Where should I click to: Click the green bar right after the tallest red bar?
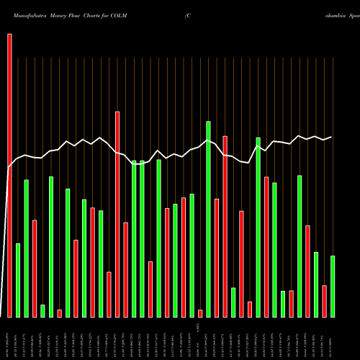(x=18, y=280)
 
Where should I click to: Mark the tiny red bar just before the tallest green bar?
(x=200, y=313)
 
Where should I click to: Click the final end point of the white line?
(x=331, y=137)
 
